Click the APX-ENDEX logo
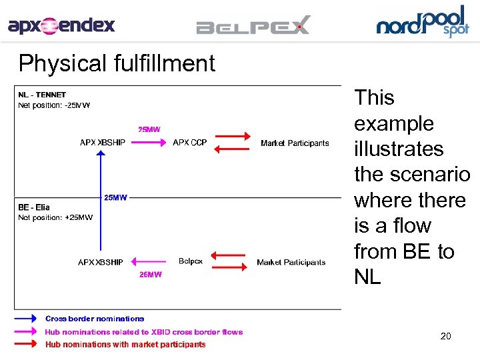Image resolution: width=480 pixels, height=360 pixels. click(61, 26)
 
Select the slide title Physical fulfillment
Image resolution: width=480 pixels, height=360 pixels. click(117, 63)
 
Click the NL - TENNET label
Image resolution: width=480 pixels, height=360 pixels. click(42, 95)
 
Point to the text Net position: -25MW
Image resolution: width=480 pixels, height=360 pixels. click(54, 105)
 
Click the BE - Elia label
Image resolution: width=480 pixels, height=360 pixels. click(34, 207)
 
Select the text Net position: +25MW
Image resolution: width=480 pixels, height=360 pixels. click(55, 217)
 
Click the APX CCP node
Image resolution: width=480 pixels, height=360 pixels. click(189, 143)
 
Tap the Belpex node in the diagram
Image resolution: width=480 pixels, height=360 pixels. click(191, 261)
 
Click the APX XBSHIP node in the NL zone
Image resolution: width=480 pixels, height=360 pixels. click(103, 143)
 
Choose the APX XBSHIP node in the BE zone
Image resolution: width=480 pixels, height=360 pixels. click(101, 262)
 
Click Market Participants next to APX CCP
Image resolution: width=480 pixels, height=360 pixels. click(295, 143)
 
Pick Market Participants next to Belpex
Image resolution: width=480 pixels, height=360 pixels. click(291, 262)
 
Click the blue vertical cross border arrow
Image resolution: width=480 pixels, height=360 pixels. click(99, 200)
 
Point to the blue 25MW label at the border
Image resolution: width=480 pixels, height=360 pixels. click(115, 197)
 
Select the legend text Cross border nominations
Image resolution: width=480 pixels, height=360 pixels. click(95, 319)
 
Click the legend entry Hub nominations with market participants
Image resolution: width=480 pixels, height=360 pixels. click(125, 345)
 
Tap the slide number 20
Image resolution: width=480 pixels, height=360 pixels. click(445, 336)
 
